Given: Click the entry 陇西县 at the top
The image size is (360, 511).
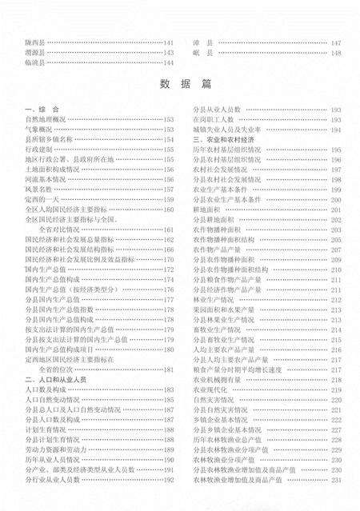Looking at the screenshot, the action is coord(36,42).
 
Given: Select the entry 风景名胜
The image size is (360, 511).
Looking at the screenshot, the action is coord(38,189).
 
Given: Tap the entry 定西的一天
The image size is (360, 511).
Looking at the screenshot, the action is coord(41,198).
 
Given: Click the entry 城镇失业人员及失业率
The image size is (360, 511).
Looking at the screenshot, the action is coord(223,128).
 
